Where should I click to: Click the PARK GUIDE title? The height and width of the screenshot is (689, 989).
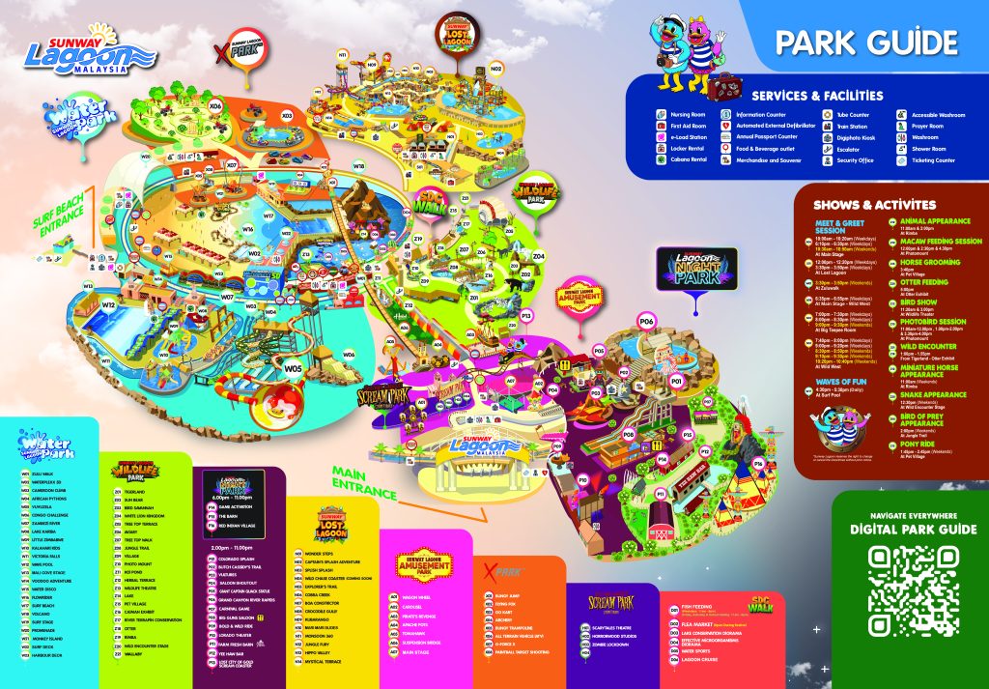click(x=866, y=42)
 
